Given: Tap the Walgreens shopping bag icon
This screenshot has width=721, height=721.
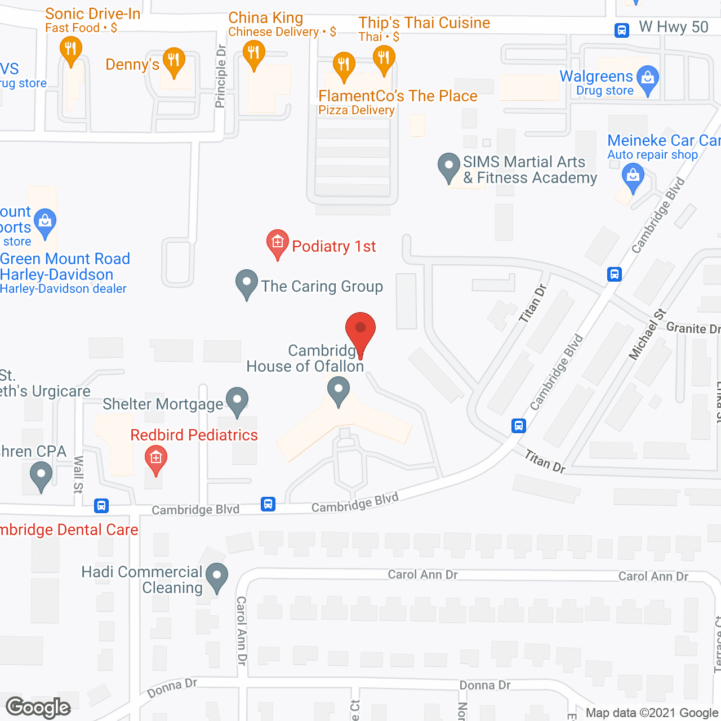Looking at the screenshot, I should click(648, 79).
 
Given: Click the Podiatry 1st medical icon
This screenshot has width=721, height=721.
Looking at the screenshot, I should click(277, 243).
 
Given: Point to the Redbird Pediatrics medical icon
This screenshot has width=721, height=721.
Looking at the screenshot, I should click(156, 459).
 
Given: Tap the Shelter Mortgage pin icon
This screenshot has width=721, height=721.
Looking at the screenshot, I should click(237, 400).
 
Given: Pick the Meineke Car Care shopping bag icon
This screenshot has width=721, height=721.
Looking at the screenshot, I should click(633, 177).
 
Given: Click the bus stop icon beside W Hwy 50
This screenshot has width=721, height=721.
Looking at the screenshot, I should click(621, 30).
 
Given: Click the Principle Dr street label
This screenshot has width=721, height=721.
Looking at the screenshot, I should click(220, 76).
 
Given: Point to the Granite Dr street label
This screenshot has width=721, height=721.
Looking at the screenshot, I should click(693, 328).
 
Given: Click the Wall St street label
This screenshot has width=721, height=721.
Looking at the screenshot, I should click(78, 474).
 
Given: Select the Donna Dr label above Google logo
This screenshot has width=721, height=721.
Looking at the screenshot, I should click(172, 688).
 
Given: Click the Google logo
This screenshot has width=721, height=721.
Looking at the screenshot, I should click(38, 707).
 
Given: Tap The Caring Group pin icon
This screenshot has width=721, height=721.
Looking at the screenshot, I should click(246, 284).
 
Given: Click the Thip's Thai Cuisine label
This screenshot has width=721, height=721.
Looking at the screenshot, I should click(424, 23).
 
